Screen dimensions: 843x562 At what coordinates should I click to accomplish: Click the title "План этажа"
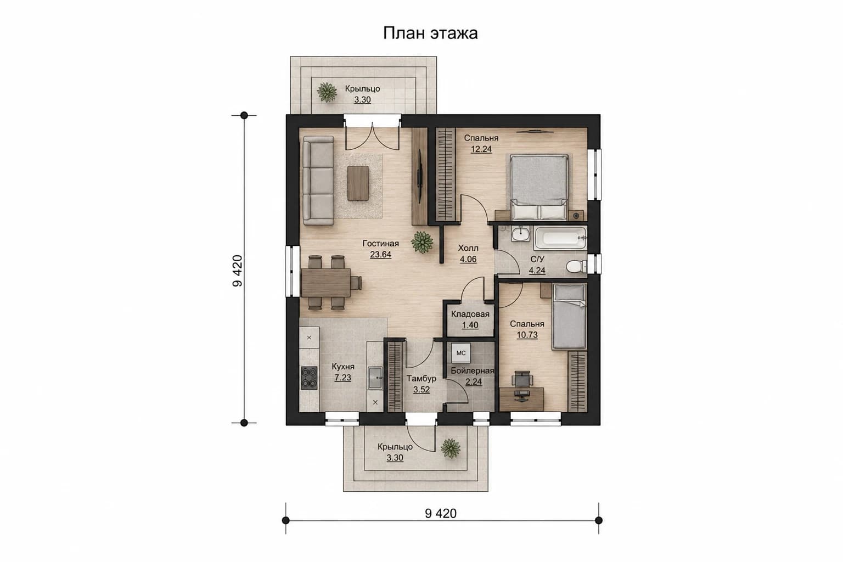point(430,33)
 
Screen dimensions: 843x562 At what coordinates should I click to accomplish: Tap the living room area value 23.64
point(380,255)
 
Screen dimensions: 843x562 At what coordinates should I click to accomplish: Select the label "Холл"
point(468,248)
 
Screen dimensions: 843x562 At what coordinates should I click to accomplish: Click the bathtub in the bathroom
point(560,238)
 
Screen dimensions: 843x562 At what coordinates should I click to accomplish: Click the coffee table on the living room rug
point(357,183)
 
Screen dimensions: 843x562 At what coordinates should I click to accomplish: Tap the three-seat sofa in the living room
point(318,181)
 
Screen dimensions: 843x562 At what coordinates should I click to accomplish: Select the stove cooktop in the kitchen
point(309,378)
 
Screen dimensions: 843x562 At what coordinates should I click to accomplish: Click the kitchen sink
point(375,378)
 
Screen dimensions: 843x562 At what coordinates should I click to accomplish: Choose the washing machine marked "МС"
point(461,353)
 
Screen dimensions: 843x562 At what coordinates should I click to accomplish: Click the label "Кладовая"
point(470,314)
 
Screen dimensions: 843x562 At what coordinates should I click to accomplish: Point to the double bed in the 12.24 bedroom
point(539,187)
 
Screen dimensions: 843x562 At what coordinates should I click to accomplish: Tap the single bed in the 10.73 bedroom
point(569,316)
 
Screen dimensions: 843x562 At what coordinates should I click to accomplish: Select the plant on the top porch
point(327,92)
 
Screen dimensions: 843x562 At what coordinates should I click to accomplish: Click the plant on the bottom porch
point(451,448)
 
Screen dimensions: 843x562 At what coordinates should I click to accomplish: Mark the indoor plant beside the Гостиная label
point(422,241)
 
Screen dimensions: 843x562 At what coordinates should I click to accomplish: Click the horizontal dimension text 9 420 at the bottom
point(441,514)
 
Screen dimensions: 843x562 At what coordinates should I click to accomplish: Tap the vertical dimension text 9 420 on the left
point(238,271)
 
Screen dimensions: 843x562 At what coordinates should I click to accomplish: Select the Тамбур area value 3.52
point(421,390)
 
